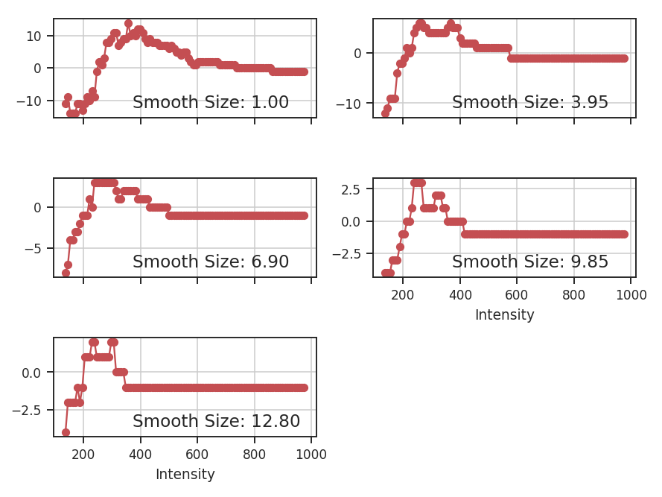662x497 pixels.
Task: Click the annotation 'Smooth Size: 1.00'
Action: pyautogui.click(x=210, y=103)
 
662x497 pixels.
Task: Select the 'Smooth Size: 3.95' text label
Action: pyautogui.click(x=529, y=103)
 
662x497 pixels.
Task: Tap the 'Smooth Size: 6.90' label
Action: pyautogui.click(x=210, y=262)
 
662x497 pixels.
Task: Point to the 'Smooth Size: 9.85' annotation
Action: pyautogui.click(x=529, y=262)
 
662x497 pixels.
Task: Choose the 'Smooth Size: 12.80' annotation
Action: pyautogui.click(x=216, y=421)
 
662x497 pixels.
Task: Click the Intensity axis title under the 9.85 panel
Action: pyautogui.click(x=504, y=315)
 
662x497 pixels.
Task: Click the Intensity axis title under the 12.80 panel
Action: pyautogui.click(x=185, y=475)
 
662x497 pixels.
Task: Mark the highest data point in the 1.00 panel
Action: pyautogui.click(x=128, y=24)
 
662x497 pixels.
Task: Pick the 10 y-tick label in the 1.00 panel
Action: pyautogui.click(x=38, y=36)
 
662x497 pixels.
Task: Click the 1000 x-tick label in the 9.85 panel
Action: pyautogui.click(x=631, y=294)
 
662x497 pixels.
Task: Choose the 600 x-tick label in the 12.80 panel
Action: pyautogui.click(x=197, y=454)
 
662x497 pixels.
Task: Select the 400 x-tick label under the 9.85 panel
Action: pyautogui.click(x=459, y=294)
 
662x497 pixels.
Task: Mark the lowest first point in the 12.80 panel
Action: pyautogui.click(x=66, y=432)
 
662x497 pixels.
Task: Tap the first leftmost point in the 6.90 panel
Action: pyautogui.click(x=66, y=273)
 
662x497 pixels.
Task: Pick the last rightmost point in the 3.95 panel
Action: pyautogui.click(x=624, y=58)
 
